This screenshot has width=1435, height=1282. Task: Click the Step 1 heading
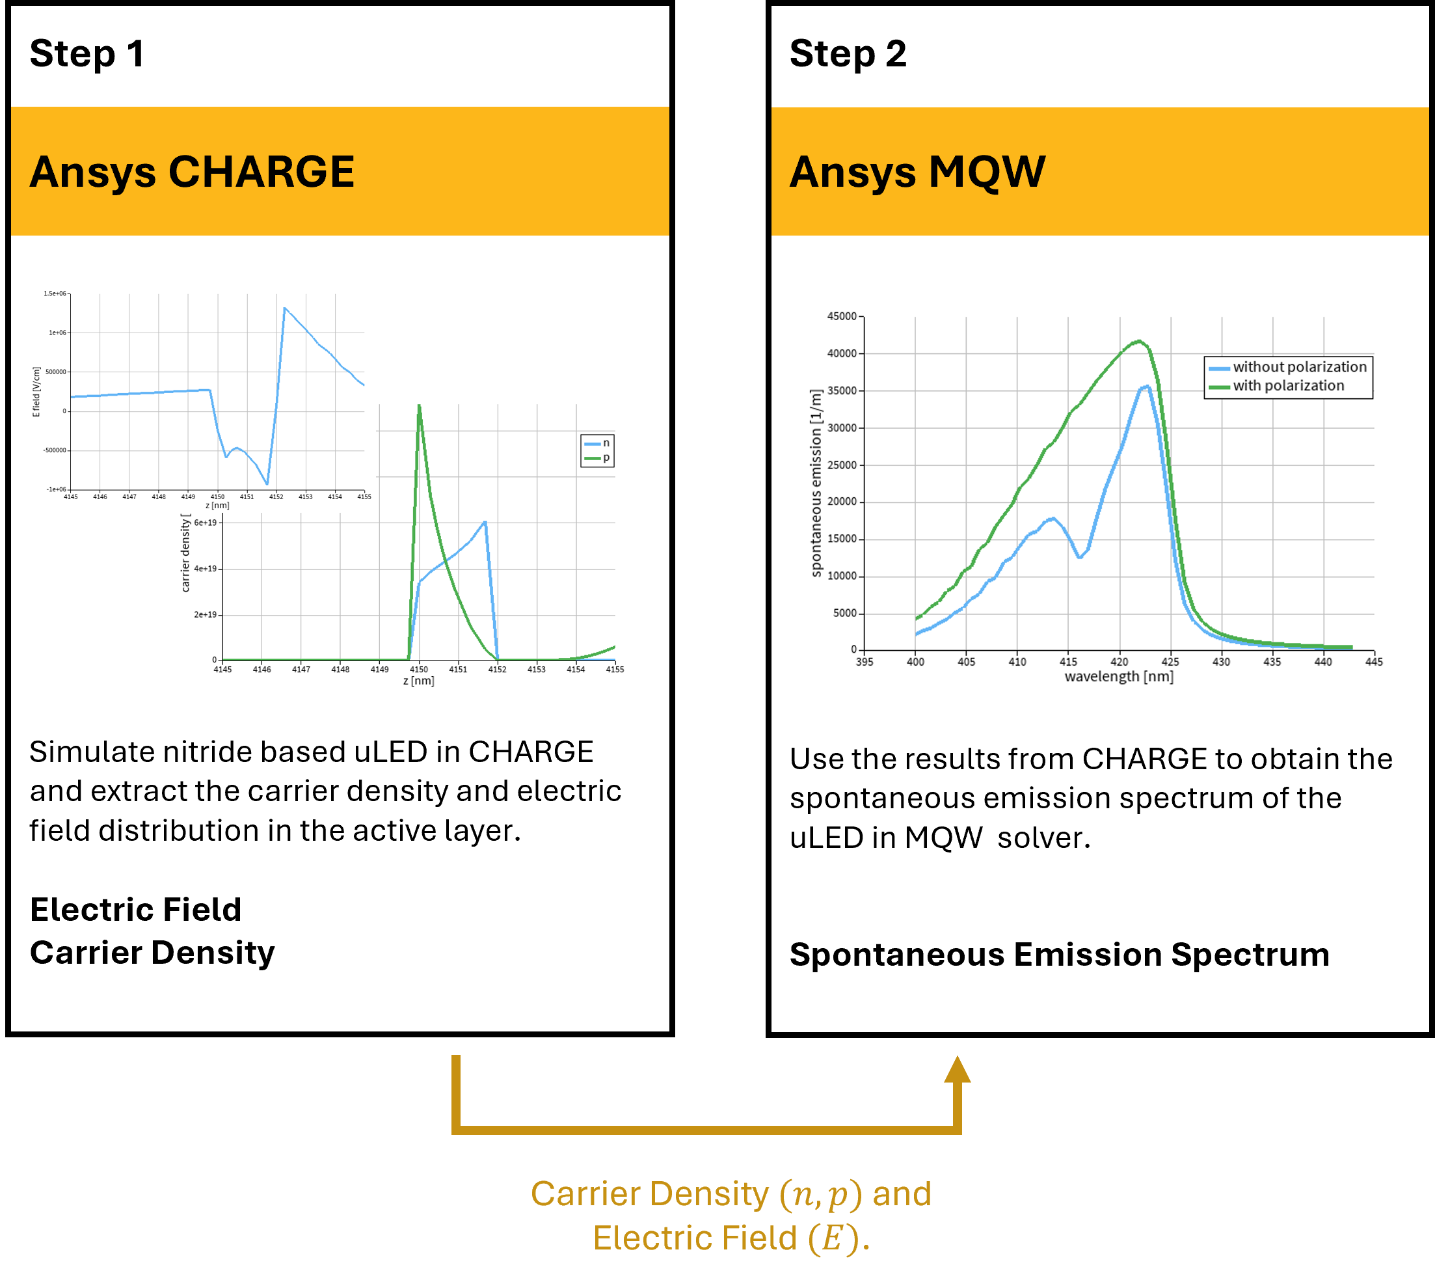(x=87, y=54)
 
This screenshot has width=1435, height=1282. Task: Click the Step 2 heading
(x=848, y=54)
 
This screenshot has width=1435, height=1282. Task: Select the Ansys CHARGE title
(x=191, y=172)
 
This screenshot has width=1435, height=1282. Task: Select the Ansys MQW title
(x=917, y=172)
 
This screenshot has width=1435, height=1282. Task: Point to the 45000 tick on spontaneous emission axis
(x=842, y=317)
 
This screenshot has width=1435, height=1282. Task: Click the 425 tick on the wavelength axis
(x=1170, y=662)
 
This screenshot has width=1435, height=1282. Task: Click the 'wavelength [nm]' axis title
(x=1119, y=677)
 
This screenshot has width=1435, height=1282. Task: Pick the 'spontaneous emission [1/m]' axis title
(x=816, y=484)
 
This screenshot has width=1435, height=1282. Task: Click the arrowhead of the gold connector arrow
(x=957, y=1069)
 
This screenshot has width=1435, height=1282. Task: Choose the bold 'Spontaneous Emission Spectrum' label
(x=1059, y=955)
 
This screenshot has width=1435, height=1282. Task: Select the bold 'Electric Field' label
(x=135, y=910)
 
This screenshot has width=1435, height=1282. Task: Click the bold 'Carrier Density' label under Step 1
(x=152, y=953)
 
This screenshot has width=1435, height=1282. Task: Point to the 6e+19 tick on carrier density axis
(x=206, y=523)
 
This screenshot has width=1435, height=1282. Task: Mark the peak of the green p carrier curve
(x=419, y=407)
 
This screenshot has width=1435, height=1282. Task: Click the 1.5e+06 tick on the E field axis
(x=55, y=293)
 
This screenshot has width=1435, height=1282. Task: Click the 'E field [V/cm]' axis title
(x=36, y=392)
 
